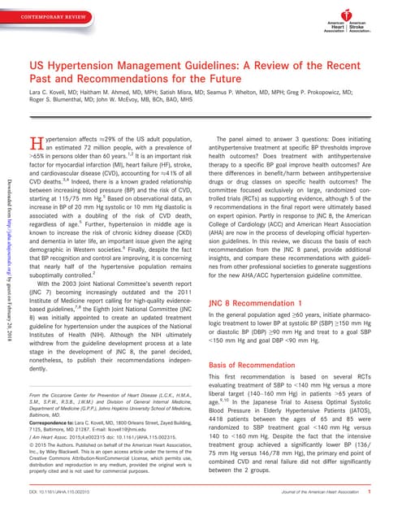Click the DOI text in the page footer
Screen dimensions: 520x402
pyautogui.click(x=71, y=491)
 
